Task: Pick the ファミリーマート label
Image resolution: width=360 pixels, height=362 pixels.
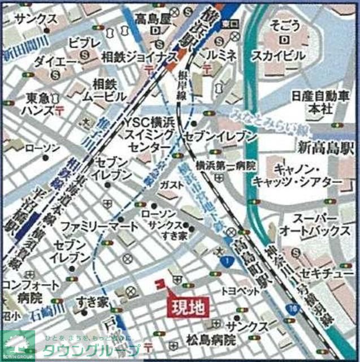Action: (x=99, y=226)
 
